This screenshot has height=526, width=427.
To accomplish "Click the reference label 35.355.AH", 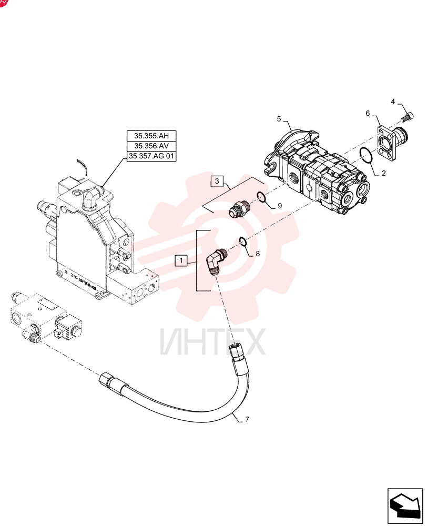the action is [x=151, y=136].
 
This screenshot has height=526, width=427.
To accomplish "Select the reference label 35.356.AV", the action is [x=151, y=146].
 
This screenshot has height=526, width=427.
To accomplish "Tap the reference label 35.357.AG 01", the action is [x=151, y=156].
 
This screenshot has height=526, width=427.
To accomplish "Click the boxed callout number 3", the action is [x=217, y=181].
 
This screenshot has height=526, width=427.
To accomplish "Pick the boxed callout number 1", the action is [x=181, y=260].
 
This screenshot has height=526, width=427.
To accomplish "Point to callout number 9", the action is [x=279, y=206].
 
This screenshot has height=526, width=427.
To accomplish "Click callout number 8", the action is [x=258, y=254].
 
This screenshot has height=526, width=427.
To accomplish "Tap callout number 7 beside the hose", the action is [x=247, y=419].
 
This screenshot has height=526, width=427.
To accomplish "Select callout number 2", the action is [x=384, y=173].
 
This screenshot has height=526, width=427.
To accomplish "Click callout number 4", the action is [x=393, y=102].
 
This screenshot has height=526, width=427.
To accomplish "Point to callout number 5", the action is [x=279, y=119].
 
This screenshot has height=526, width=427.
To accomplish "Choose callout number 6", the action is [x=368, y=114].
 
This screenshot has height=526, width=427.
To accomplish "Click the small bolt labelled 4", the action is [x=407, y=117].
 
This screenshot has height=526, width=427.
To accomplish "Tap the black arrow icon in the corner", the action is [x=405, y=506].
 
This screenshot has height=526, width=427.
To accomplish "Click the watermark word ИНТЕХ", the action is [x=213, y=342].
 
